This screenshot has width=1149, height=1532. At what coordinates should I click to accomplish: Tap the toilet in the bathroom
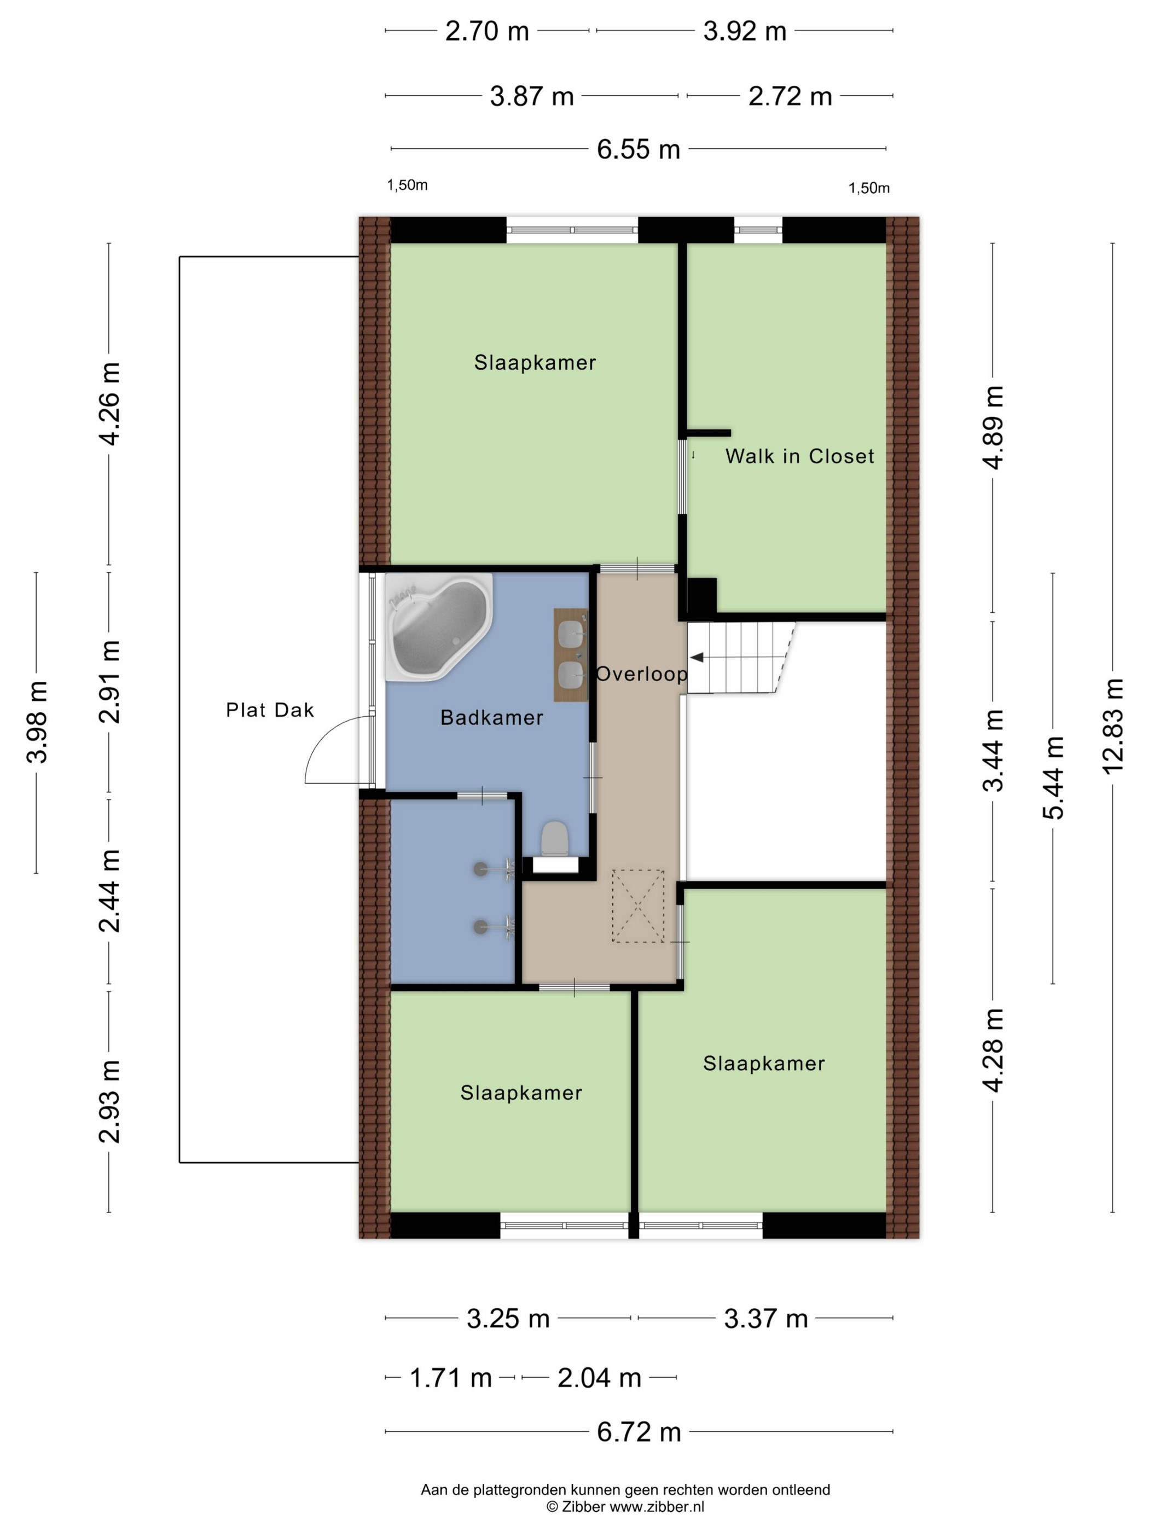(x=554, y=839)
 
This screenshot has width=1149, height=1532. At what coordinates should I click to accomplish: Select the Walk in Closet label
(x=799, y=456)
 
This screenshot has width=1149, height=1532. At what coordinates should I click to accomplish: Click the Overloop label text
(x=641, y=674)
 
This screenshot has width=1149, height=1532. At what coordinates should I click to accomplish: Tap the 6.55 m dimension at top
(x=639, y=149)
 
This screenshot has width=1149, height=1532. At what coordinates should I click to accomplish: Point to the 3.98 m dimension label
(x=37, y=722)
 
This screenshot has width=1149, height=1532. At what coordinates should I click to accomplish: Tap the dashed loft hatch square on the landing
(x=637, y=906)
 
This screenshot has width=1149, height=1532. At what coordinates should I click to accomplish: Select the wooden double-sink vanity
(x=571, y=655)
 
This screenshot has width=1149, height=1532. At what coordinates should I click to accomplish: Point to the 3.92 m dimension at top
(x=745, y=31)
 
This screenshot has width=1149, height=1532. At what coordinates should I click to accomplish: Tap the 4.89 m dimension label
(x=993, y=427)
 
